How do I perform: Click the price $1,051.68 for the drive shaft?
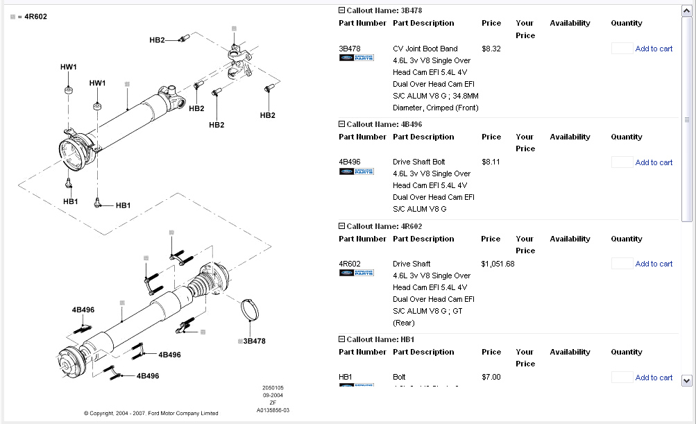(x=498, y=264)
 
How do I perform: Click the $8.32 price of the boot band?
(x=491, y=49)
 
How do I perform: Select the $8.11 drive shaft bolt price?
(x=491, y=162)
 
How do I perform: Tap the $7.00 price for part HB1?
(x=491, y=377)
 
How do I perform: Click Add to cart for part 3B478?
(x=654, y=49)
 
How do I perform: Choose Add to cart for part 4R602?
(x=654, y=264)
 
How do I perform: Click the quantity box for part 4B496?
(x=622, y=162)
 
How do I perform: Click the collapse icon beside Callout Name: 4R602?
(x=341, y=226)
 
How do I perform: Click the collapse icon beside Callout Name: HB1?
(x=341, y=339)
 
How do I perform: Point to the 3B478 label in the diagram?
(x=254, y=341)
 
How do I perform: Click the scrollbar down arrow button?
(x=687, y=380)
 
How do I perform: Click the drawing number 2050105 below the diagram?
(x=273, y=387)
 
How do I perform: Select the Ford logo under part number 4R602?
(x=356, y=273)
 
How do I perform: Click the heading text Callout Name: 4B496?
(x=384, y=124)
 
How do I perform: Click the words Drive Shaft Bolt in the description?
(x=418, y=162)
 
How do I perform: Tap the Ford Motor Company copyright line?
(x=151, y=414)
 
